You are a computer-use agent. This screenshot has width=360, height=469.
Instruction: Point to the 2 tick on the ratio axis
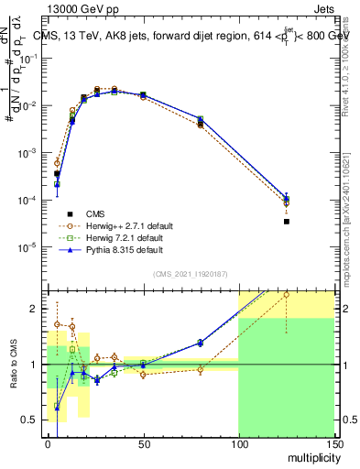[35, 309]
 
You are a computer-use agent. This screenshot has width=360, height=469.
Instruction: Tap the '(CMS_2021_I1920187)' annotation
[190, 273]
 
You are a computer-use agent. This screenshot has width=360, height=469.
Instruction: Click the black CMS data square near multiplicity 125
[287, 222]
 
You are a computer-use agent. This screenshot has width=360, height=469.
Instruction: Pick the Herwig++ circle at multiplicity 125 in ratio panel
[287, 295]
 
